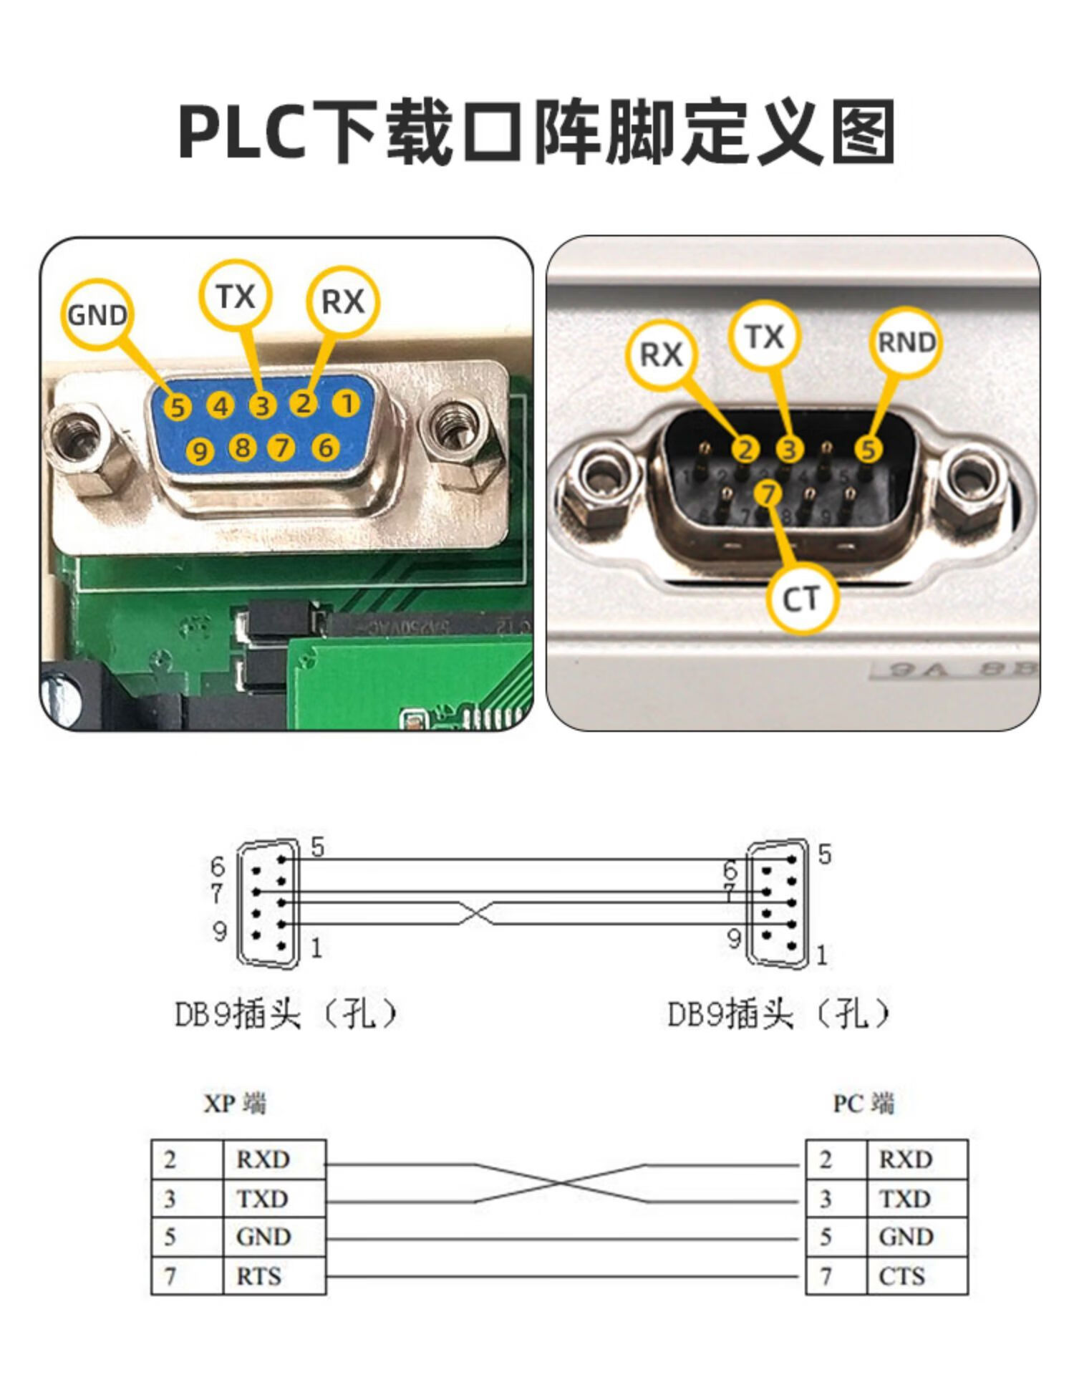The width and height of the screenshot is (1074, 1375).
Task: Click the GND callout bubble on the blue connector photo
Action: click(x=97, y=314)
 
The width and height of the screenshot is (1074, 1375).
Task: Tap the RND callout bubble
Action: click(x=906, y=342)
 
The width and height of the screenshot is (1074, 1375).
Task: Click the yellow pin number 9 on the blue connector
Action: click(x=200, y=451)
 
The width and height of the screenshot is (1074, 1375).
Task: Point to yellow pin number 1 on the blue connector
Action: click(x=347, y=403)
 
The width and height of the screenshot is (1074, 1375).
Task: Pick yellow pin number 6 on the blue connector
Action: click(x=326, y=448)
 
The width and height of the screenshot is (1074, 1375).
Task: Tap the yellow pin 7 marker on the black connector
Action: click(x=768, y=493)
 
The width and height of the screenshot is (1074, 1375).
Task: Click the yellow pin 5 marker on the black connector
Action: click(x=868, y=449)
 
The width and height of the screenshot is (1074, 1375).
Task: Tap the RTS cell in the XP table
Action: click(x=259, y=1275)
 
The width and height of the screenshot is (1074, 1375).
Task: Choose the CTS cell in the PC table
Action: click(x=902, y=1275)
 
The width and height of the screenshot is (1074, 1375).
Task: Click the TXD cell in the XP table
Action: click(x=262, y=1198)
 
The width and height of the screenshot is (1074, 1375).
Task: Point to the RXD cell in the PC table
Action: click(x=906, y=1159)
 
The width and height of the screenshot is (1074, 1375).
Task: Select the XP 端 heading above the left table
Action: click(x=235, y=1103)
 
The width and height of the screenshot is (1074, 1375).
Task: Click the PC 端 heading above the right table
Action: click(x=863, y=1103)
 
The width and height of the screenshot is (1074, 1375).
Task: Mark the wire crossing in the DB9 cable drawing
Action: click(x=475, y=913)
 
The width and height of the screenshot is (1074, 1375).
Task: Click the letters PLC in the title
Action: click(x=243, y=132)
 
